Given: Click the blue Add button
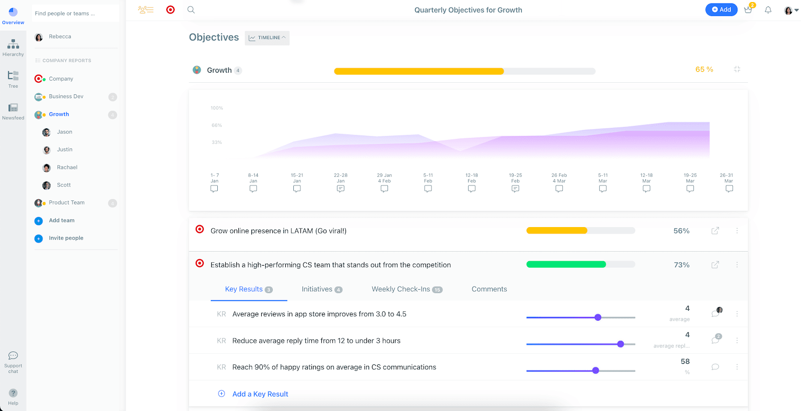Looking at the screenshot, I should [x=721, y=10].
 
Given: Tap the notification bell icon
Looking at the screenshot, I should [x=768, y=10].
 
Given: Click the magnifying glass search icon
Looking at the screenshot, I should [x=191, y=10].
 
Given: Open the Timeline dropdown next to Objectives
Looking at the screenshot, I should [x=267, y=38].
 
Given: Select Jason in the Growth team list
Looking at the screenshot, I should [x=65, y=132].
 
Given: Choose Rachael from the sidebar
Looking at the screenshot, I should [x=67, y=167].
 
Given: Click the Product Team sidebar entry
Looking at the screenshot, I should [x=67, y=202].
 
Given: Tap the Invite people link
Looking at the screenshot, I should [x=66, y=238].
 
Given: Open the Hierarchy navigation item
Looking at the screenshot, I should [x=13, y=48].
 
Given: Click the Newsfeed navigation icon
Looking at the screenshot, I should [x=13, y=111].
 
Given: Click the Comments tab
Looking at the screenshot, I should [x=489, y=289].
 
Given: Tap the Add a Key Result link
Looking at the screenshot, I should [x=260, y=394].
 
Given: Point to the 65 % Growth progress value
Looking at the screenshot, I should [x=704, y=70].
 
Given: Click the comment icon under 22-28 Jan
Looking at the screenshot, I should [x=340, y=189].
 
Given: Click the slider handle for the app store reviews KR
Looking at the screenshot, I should [x=598, y=317].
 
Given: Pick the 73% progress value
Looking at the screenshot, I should [x=681, y=265].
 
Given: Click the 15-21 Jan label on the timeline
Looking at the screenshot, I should [x=297, y=178].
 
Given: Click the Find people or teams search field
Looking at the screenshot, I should [x=75, y=14].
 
